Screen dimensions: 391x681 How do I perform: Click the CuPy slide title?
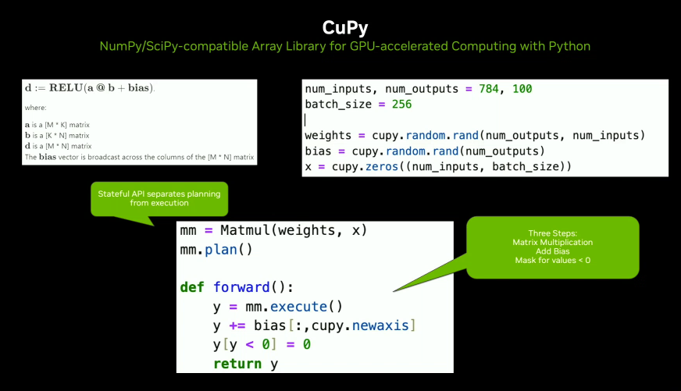[344, 27]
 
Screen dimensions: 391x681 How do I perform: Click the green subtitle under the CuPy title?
[344, 46]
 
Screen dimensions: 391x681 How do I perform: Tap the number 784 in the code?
[484, 89]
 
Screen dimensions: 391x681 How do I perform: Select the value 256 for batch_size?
[401, 105]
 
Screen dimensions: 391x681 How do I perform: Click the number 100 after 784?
[522, 89]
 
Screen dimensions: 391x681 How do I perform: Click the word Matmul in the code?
[248, 232]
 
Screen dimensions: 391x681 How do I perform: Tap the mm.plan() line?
[206, 251]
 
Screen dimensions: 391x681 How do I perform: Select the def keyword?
[192, 287]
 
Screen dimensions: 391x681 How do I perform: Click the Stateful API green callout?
[159, 198]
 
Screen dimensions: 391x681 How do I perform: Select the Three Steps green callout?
[552, 247]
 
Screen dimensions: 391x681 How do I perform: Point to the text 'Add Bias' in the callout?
[552, 251]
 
